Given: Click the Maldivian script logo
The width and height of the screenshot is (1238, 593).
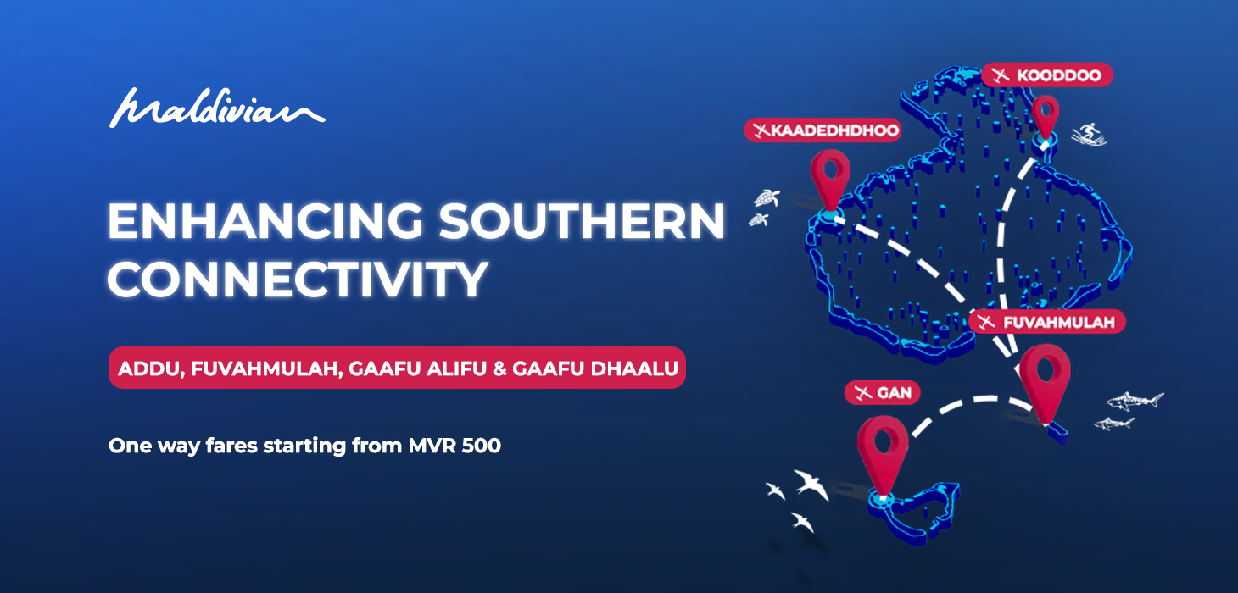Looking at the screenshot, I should click(217, 108).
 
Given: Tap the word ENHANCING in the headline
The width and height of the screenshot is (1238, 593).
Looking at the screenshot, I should click(264, 222).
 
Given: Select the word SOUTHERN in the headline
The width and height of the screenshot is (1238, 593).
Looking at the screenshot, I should click(583, 222).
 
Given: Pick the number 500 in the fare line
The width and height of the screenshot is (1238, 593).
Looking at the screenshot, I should click(481, 445).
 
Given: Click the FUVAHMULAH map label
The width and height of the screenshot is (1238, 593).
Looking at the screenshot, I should click(1049, 322).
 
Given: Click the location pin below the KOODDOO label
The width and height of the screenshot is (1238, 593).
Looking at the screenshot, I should click(1046, 117).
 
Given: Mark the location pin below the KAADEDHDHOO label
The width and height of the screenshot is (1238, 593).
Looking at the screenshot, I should click(830, 178).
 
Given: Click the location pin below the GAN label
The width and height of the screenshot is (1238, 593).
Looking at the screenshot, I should click(883, 449).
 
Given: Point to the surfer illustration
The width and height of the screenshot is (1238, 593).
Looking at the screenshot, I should click(1089, 134).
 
